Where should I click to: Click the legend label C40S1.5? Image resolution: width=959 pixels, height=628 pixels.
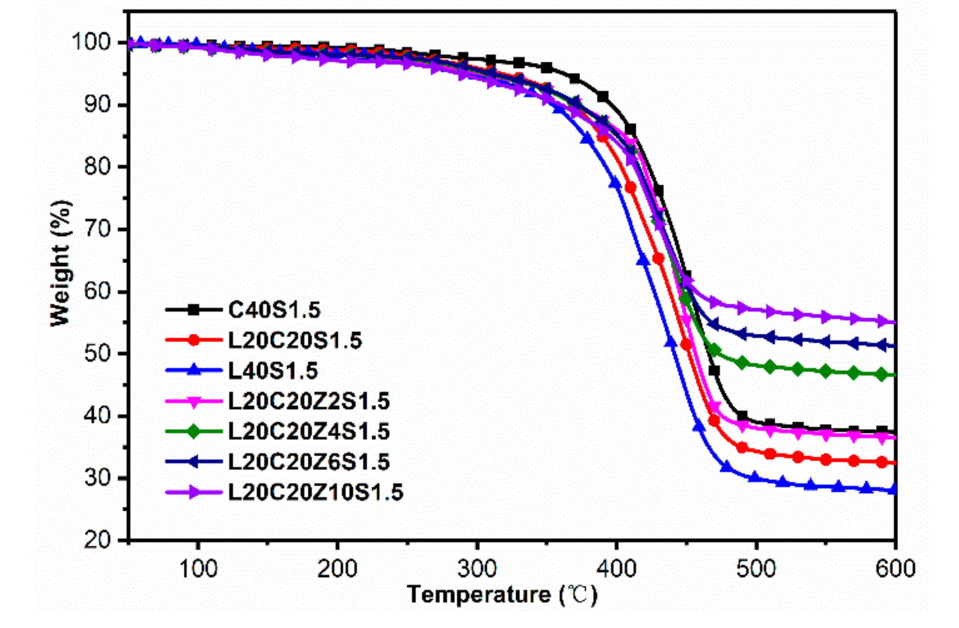274,310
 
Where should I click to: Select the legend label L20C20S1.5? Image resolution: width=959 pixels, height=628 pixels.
295,341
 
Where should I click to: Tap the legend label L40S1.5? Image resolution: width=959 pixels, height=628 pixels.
273,371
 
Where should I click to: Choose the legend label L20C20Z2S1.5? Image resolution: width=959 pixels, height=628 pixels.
309,401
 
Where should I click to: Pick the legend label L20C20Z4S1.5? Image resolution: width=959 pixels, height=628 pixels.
309,432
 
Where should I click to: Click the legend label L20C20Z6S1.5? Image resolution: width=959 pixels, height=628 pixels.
309,462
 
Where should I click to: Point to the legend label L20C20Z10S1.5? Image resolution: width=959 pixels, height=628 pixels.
316,492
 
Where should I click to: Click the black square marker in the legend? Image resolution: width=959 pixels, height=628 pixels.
194,310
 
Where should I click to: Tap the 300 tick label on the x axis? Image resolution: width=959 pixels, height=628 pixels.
477,569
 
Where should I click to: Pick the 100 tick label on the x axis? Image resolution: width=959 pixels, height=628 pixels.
197,569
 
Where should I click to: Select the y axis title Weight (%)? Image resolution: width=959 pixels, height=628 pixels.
61,263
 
